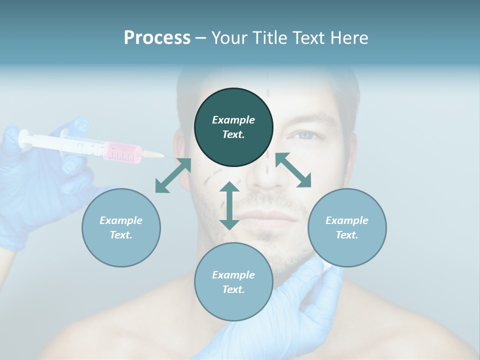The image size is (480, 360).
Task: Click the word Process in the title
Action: tap(157, 38)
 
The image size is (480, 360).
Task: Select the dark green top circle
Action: tap(233, 127)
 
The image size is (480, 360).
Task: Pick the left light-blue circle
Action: tap(121, 227)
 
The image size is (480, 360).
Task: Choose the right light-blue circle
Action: tap(347, 227)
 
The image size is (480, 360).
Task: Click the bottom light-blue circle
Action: tap(233, 281)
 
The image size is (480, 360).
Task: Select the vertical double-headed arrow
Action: tap(229, 205)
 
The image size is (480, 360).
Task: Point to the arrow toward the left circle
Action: tap(173, 175)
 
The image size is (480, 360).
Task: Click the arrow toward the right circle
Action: tap(293, 170)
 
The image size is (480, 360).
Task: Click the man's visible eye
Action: tap(304, 135)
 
